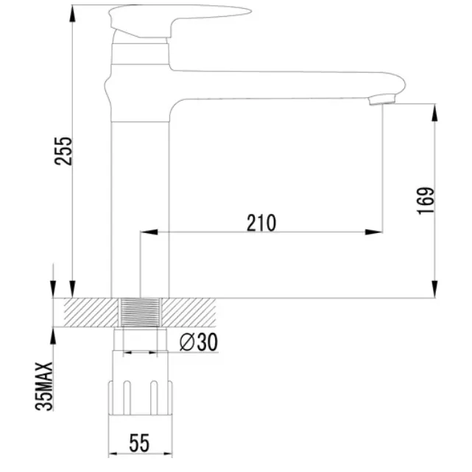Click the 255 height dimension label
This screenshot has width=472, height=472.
point(63,151)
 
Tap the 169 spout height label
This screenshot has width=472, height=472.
point(426,201)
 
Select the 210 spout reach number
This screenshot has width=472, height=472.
point(261,223)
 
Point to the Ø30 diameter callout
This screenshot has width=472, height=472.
point(198,342)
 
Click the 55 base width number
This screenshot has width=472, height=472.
point(140,443)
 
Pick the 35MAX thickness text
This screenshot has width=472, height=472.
point(44,387)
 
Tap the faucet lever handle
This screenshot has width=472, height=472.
point(180,21)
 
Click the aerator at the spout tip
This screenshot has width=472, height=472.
point(381,99)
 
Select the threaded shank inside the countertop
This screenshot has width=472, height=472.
point(140,312)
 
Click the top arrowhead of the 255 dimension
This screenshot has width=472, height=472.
point(72,13)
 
